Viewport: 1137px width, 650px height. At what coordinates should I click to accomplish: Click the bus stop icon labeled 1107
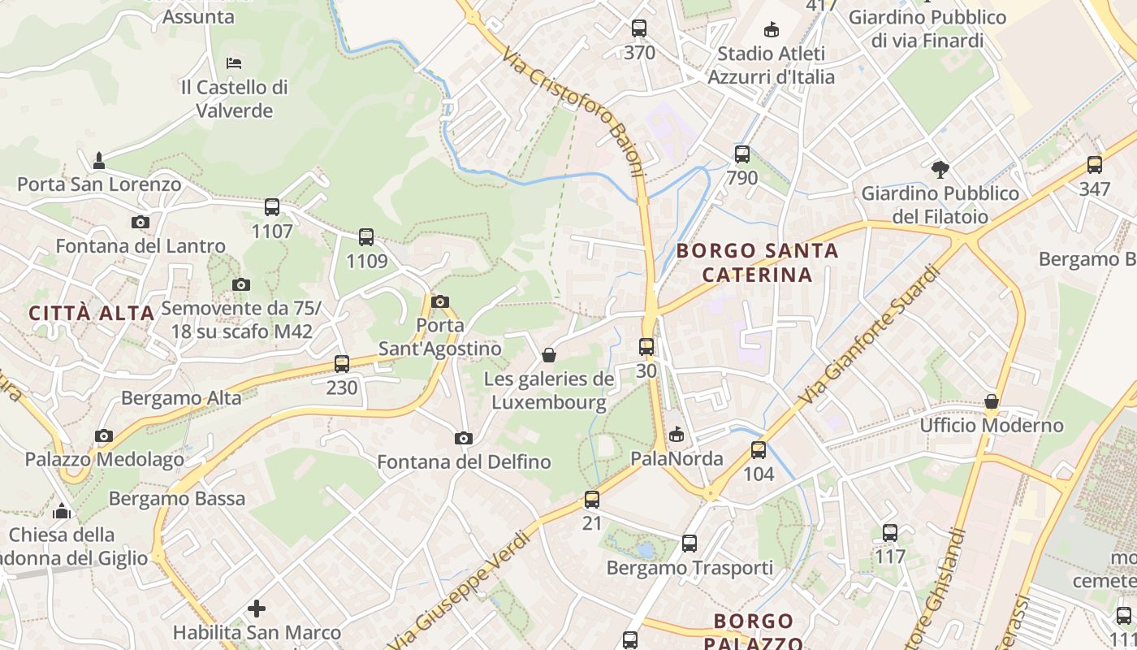click(x=272, y=207)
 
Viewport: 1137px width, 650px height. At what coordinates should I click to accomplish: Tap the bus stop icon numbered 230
click(x=342, y=363)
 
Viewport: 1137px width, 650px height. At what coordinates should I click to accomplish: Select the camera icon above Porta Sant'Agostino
click(x=440, y=301)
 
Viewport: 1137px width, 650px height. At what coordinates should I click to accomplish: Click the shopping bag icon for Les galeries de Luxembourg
click(x=549, y=355)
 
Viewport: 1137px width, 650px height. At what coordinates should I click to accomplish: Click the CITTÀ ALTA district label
click(x=91, y=313)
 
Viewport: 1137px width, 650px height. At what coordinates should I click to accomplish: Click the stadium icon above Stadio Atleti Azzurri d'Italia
click(x=771, y=30)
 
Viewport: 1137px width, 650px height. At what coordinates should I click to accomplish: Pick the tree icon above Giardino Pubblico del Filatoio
click(x=940, y=170)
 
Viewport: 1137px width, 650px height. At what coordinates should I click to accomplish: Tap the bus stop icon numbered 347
click(x=1095, y=165)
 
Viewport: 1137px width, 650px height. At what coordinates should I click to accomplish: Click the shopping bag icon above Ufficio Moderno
click(x=992, y=401)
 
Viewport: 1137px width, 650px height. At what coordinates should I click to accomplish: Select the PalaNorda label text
click(x=677, y=458)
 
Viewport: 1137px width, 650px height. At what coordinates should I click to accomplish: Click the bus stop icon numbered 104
click(x=759, y=449)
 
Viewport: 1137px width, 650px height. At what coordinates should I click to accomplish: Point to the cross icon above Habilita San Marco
click(x=257, y=608)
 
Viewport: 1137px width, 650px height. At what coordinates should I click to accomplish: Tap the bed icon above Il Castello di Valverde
click(x=234, y=63)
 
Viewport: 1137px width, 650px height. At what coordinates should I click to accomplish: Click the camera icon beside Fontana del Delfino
click(x=464, y=438)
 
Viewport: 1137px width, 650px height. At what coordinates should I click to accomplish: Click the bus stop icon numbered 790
click(x=742, y=154)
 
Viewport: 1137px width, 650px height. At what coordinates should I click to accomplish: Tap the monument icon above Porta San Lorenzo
click(x=99, y=160)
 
